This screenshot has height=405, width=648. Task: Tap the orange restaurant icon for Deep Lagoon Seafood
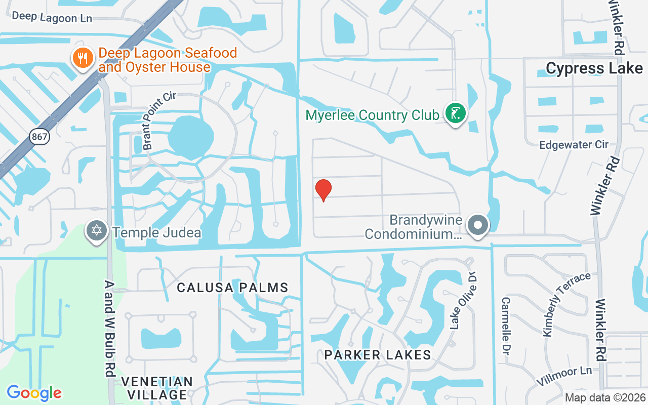(81, 58)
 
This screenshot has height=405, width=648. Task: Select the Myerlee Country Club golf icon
(455, 113)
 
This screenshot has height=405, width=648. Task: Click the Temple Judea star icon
(96, 231)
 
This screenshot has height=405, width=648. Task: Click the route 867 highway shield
(39, 137)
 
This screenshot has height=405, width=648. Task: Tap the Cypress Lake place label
(594, 68)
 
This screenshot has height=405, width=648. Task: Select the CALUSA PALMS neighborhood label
(232, 288)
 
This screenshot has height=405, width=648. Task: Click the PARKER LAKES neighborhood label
(378, 355)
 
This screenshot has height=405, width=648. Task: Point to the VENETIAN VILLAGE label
(157, 388)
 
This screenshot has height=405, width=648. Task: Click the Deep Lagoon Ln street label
(52, 17)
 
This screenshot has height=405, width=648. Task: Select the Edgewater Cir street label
(574, 145)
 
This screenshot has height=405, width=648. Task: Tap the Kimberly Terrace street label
(566, 304)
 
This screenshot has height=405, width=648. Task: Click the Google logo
(34, 393)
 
